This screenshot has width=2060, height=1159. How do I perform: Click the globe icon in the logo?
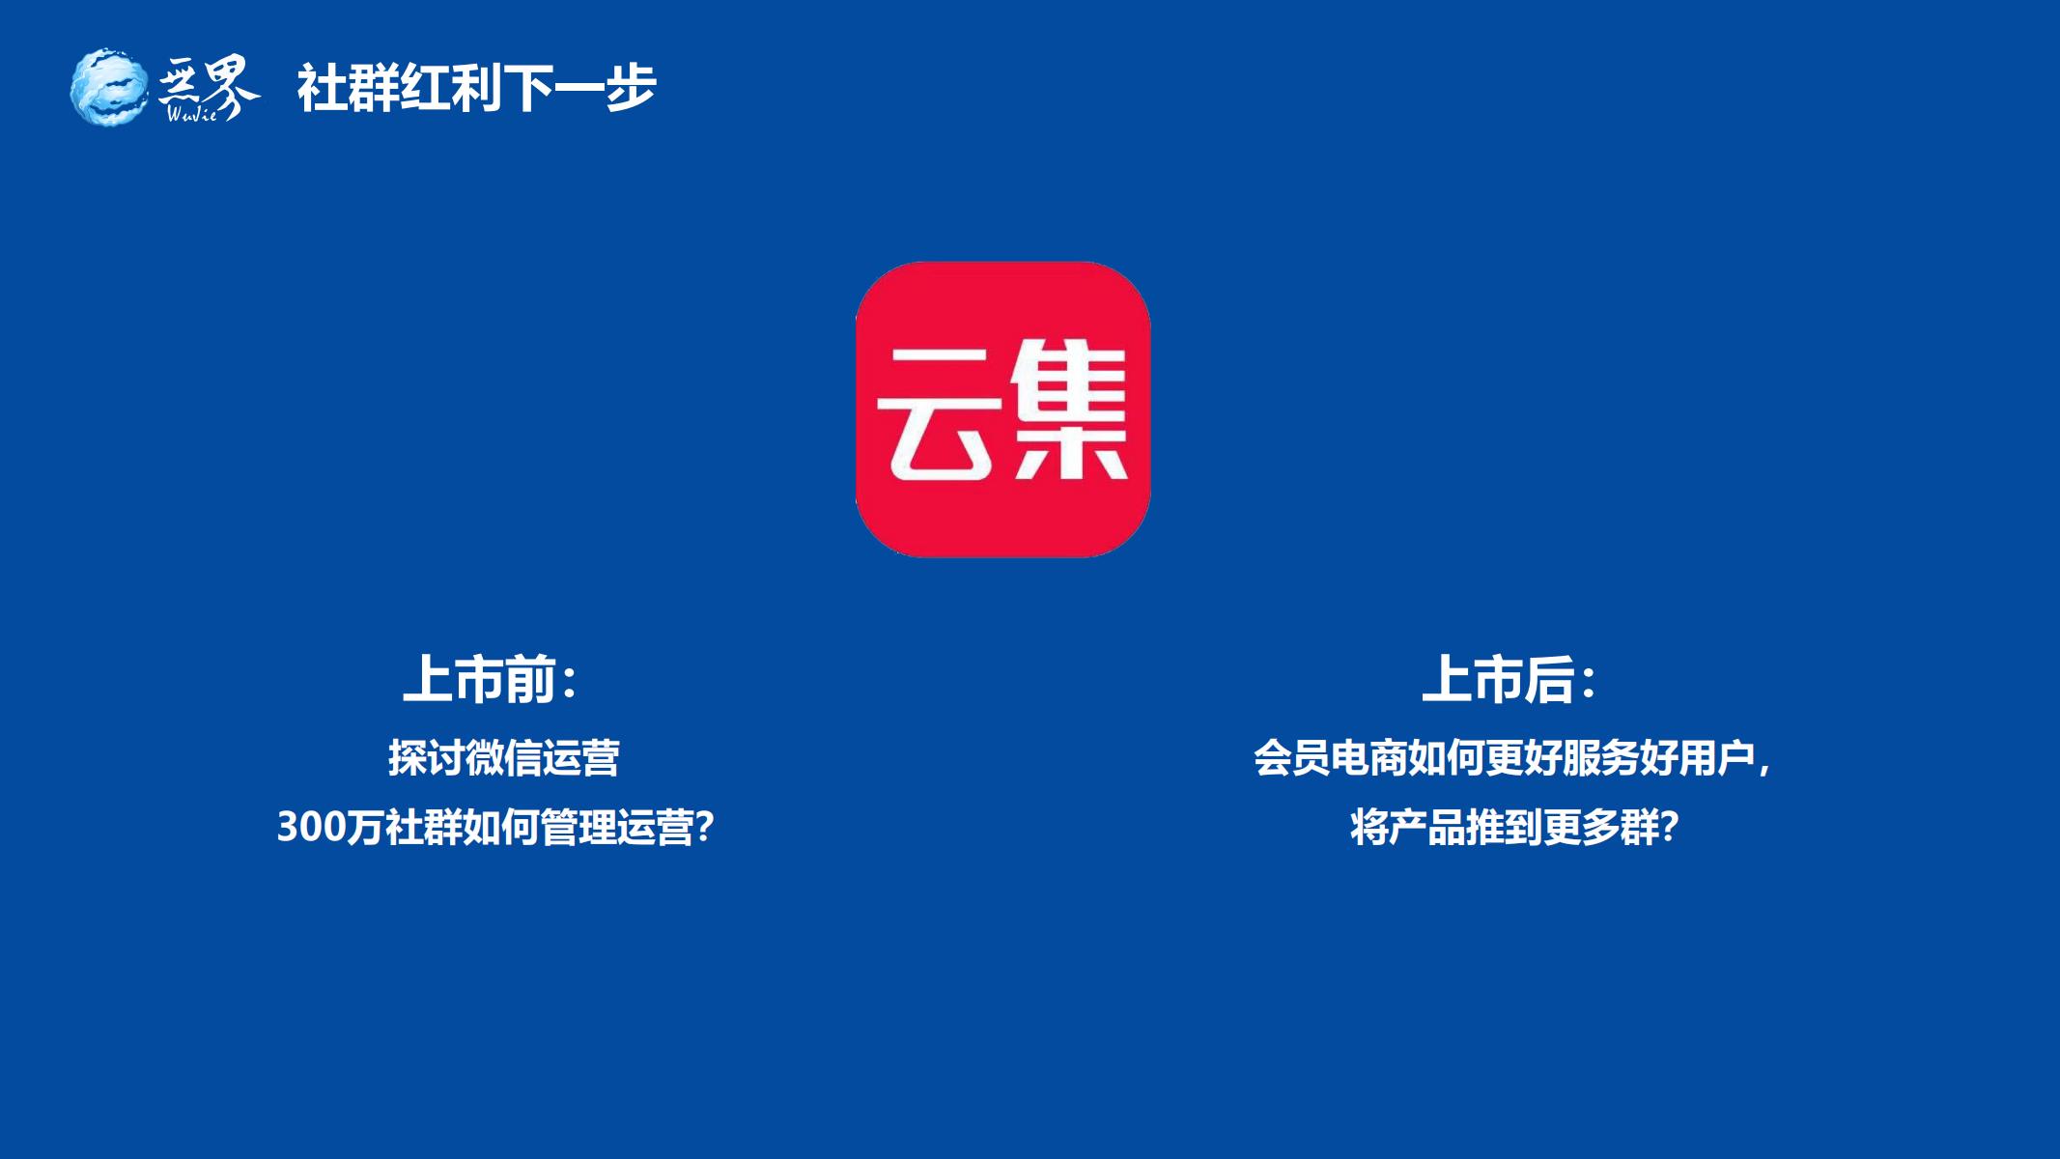point(109,87)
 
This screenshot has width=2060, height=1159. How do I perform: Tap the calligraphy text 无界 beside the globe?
point(209,85)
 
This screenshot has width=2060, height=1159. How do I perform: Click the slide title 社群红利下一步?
point(476,88)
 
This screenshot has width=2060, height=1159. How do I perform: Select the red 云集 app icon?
point(1002,409)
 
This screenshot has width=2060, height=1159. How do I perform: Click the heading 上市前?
point(479,679)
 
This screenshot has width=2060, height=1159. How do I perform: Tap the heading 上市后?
point(1498,679)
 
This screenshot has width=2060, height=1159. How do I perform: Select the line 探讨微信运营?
point(503,758)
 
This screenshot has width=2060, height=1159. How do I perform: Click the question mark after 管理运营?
point(704,828)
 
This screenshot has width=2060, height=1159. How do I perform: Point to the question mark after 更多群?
point(1669,828)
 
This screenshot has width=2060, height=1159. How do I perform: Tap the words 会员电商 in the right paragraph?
point(1330,758)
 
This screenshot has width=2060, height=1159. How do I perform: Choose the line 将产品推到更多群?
point(1505,828)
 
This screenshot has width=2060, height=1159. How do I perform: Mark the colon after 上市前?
point(569,682)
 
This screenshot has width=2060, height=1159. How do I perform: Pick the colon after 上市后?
point(1589,682)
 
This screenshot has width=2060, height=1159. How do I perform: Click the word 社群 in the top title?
point(348,88)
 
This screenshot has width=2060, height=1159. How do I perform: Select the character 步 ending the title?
point(632,88)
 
